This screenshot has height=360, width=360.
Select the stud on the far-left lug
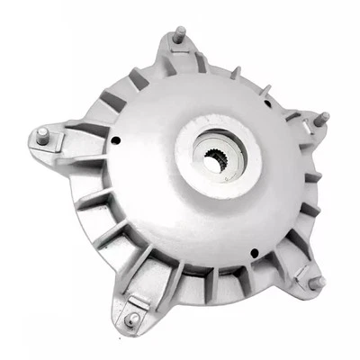click(x=41, y=135)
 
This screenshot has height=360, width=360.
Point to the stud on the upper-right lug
click(x=321, y=118)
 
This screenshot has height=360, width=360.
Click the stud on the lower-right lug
click(x=316, y=282)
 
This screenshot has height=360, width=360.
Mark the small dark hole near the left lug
click(x=117, y=140)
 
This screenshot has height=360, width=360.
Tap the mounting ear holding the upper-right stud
click(x=306, y=126)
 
